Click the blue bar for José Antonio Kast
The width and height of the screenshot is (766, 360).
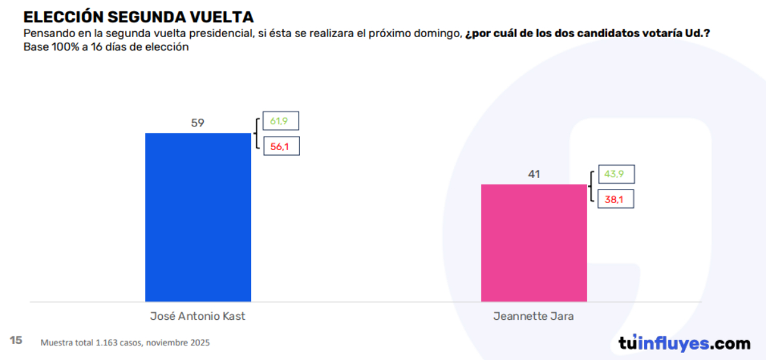click(x=198, y=217)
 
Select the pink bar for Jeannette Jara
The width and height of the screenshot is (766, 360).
click(x=534, y=243)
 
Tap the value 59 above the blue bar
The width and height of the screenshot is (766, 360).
click(x=198, y=123)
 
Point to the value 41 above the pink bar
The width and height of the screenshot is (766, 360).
click(x=534, y=174)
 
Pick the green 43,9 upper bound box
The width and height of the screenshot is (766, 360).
click(x=615, y=174)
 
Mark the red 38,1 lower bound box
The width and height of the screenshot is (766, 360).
click(x=615, y=200)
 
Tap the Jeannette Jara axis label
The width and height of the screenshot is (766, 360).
click(x=534, y=317)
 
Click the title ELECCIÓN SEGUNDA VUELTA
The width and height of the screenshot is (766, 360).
click(x=139, y=17)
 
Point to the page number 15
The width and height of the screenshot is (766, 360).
click(x=16, y=340)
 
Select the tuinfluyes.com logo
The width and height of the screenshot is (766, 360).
click(x=684, y=343)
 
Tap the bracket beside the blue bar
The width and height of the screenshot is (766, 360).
click(x=257, y=133)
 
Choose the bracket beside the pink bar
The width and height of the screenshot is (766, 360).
click(x=592, y=187)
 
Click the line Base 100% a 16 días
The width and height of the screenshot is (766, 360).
click(x=106, y=47)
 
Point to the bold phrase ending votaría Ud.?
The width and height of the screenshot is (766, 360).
click(x=587, y=33)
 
